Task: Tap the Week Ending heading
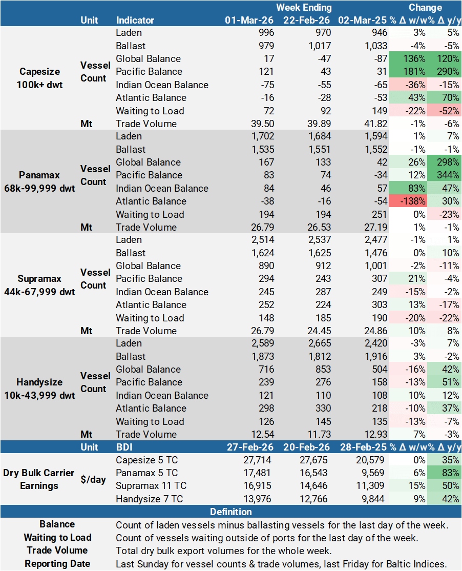click(x=304, y=8)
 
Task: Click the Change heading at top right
click(x=425, y=8)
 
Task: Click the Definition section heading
click(x=231, y=512)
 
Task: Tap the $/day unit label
click(x=93, y=479)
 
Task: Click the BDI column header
click(x=125, y=447)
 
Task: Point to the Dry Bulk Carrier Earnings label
click(x=40, y=479)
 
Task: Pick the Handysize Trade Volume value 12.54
click(x=263, y=434)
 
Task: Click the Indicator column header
click(x=135, y=21)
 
